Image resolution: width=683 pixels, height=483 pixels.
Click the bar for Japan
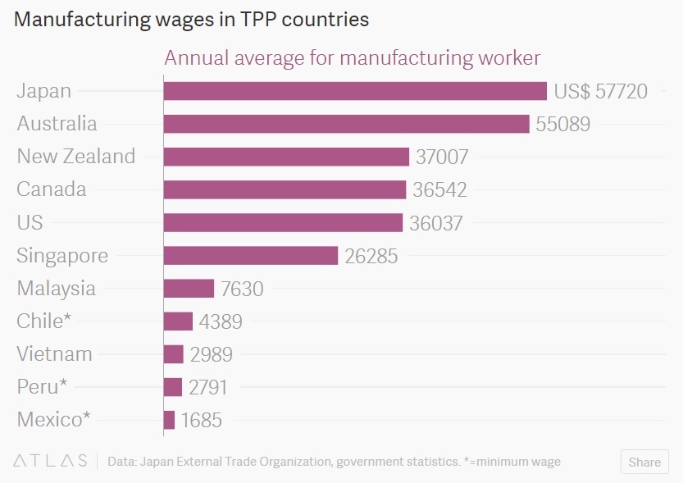point(354,91)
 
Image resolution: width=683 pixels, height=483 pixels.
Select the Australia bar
point(346,124)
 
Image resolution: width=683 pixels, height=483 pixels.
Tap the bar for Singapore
point(250,256)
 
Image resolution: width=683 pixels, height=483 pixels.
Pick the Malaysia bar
point(189,289)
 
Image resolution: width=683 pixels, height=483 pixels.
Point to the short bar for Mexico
point(169,420)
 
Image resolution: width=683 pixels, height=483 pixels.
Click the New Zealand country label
point(75,157)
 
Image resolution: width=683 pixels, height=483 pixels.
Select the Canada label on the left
point(51,189)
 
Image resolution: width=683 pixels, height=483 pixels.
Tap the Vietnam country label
point(54,354)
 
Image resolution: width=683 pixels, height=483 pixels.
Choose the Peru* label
point(42,387)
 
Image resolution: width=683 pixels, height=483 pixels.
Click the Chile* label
point(44,321)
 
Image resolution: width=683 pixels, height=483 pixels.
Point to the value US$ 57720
point(601,91)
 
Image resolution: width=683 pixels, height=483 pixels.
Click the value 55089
point(562,124)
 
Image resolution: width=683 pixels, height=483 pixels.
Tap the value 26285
point(371,256)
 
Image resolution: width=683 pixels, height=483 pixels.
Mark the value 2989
point(211,354)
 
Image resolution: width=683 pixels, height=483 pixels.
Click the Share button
point(644,462)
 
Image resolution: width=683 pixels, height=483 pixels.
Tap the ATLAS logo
point(50,462)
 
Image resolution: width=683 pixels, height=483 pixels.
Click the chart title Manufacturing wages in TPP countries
point(192,20)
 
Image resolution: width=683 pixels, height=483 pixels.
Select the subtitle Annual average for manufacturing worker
point(353,58)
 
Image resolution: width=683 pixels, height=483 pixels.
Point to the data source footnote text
point(334,462)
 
